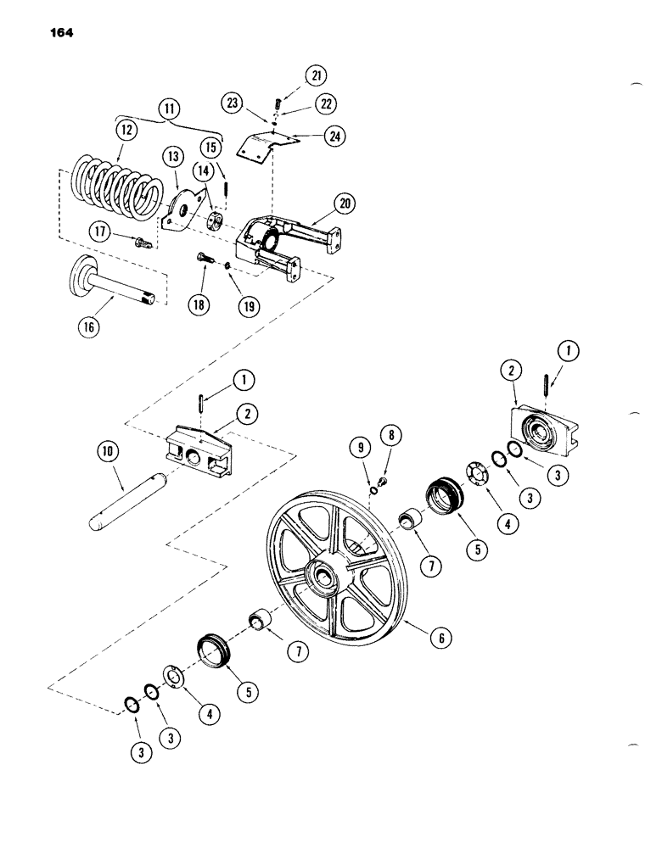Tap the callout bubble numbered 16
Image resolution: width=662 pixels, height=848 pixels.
[87, 327]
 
